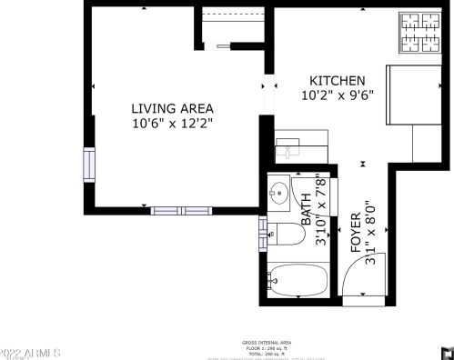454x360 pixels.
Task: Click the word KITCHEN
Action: coord(338,80)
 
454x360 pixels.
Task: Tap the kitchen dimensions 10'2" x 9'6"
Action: coord(338,94)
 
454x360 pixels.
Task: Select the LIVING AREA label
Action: coord(173,107)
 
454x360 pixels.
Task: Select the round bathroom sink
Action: coord(277,194)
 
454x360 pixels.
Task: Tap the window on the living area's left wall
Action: coord(88,164)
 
